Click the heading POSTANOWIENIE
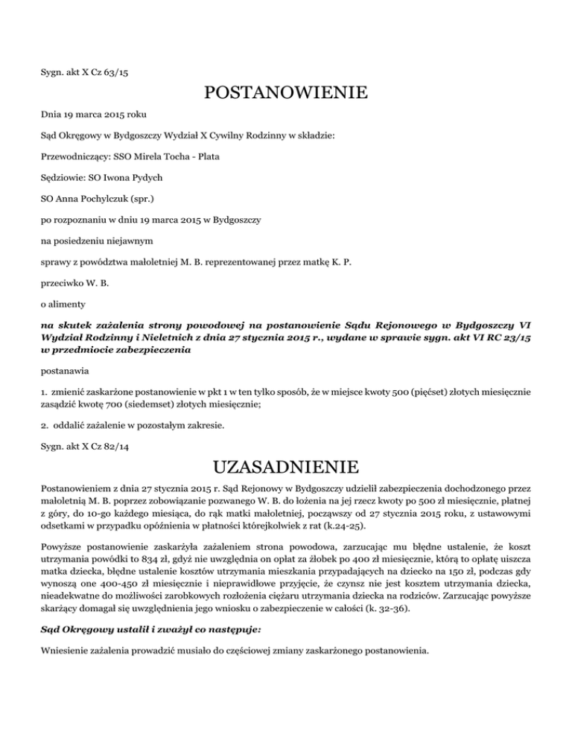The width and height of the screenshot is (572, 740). (x=285, y=94)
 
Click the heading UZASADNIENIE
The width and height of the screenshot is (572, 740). (x=285, y=468)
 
